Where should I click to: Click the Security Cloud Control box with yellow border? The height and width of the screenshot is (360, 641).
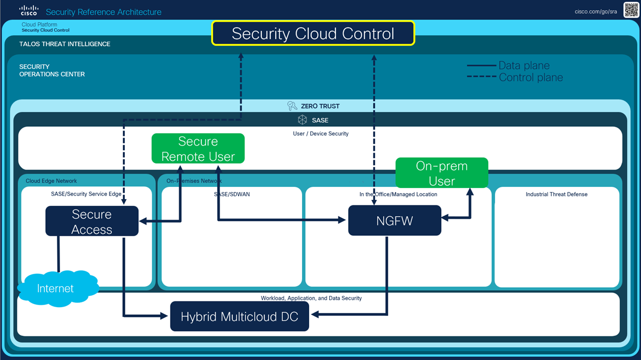[x=313, y=33]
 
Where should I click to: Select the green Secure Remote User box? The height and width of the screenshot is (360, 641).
[x=198, y=148]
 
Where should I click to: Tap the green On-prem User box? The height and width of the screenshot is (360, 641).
[x=442, y=173]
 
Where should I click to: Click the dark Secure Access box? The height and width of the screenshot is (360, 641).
[x=92, y=221]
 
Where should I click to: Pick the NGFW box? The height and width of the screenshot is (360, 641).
[x=394, y=221]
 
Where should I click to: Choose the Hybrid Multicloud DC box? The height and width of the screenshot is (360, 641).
[x=239, y=316]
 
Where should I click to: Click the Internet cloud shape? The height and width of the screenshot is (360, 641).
[x=55, y=289]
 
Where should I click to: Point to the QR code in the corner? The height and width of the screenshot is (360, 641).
[x=631, y=10]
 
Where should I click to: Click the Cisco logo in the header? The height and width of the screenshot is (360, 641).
[x=29, y=11]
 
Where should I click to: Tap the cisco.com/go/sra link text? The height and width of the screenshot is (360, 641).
[x=596, y=12]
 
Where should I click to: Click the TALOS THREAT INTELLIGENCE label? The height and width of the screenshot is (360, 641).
[x=65, y=44]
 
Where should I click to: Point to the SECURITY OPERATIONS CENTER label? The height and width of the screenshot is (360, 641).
[x=52, y=70]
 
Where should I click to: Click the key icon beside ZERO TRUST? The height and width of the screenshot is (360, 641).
[x=292, y=106]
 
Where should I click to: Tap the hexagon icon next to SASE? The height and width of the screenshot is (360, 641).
[x=303, y=120]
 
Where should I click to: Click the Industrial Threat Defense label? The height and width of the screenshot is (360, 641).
[x=556, y=195]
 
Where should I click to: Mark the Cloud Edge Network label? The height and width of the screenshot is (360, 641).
[x=51, y=181]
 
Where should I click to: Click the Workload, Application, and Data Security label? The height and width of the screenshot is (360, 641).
[x=311, y=298]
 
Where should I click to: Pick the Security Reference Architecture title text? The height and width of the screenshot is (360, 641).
[x=103, y=12]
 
